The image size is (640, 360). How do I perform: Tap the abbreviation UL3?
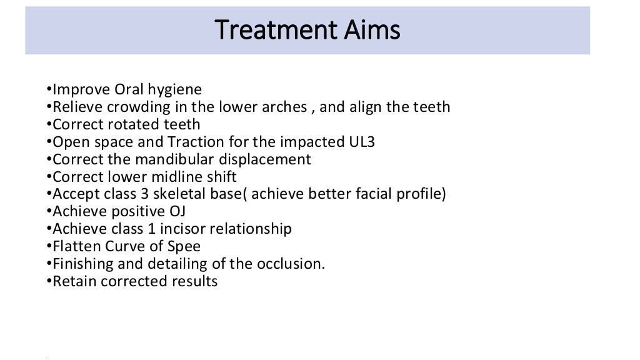pos(362,142)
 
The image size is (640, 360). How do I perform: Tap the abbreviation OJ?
pos(177,212)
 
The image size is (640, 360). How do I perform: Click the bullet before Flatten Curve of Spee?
pos(49,247)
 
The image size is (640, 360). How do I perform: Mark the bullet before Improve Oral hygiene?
pos(49,90)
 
